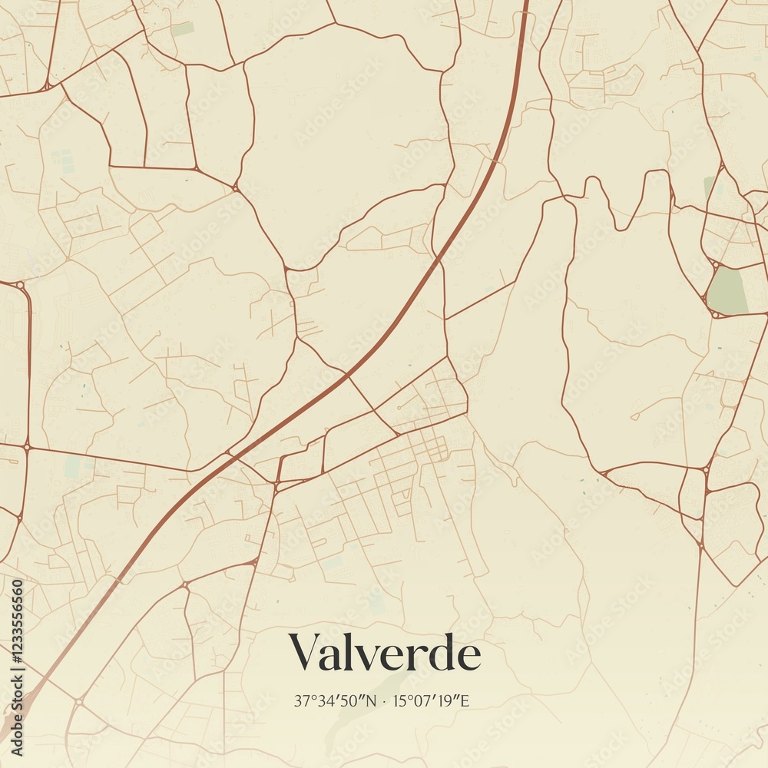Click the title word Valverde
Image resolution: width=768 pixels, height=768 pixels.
click(x=385, y=653)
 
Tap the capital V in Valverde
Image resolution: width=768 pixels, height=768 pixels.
click(x=303, y=653)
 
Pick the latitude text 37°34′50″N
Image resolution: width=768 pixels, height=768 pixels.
click(x=336, y=701)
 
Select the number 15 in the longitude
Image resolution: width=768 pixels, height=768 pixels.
click(x=399, y=701)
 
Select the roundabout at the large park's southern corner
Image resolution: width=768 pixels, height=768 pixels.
click(x=716, y=313)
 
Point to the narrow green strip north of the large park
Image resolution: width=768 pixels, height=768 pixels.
click(x=709, y=187)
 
